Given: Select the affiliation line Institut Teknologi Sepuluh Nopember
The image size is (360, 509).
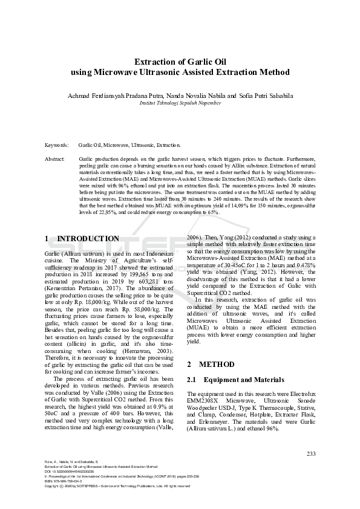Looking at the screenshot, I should point(180,103).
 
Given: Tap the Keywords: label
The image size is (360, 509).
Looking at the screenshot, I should point(57,146).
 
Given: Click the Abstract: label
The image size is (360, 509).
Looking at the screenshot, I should point(55,158).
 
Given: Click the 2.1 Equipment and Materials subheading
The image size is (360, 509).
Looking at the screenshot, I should point(235,380).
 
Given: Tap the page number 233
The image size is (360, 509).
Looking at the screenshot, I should point(311,454).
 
